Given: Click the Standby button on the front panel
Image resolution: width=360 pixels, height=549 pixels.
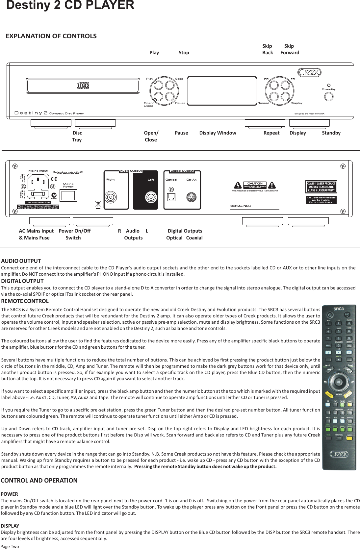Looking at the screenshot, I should (328, 96).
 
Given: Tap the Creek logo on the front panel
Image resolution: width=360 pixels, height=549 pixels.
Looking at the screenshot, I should (309, 72).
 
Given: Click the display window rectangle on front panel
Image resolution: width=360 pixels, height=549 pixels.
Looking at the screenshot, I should (222, 91).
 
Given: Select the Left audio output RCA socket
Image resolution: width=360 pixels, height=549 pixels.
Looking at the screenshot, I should (151, 197).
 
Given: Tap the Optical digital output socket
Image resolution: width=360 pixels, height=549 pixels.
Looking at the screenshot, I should (171, 197).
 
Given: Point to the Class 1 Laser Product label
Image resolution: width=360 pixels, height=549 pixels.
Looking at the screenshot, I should (322, 187).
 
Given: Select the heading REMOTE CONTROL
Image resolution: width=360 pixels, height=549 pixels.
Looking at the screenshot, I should (25, 301).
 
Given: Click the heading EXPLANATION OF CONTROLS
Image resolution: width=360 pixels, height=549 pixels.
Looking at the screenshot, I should (51, 36).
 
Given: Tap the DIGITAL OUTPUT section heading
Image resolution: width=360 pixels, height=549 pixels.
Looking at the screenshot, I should (22, 281).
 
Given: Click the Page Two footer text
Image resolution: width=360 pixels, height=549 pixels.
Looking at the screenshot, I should (10, 546).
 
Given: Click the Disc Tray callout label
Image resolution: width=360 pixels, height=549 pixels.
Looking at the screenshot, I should (77, 136).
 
